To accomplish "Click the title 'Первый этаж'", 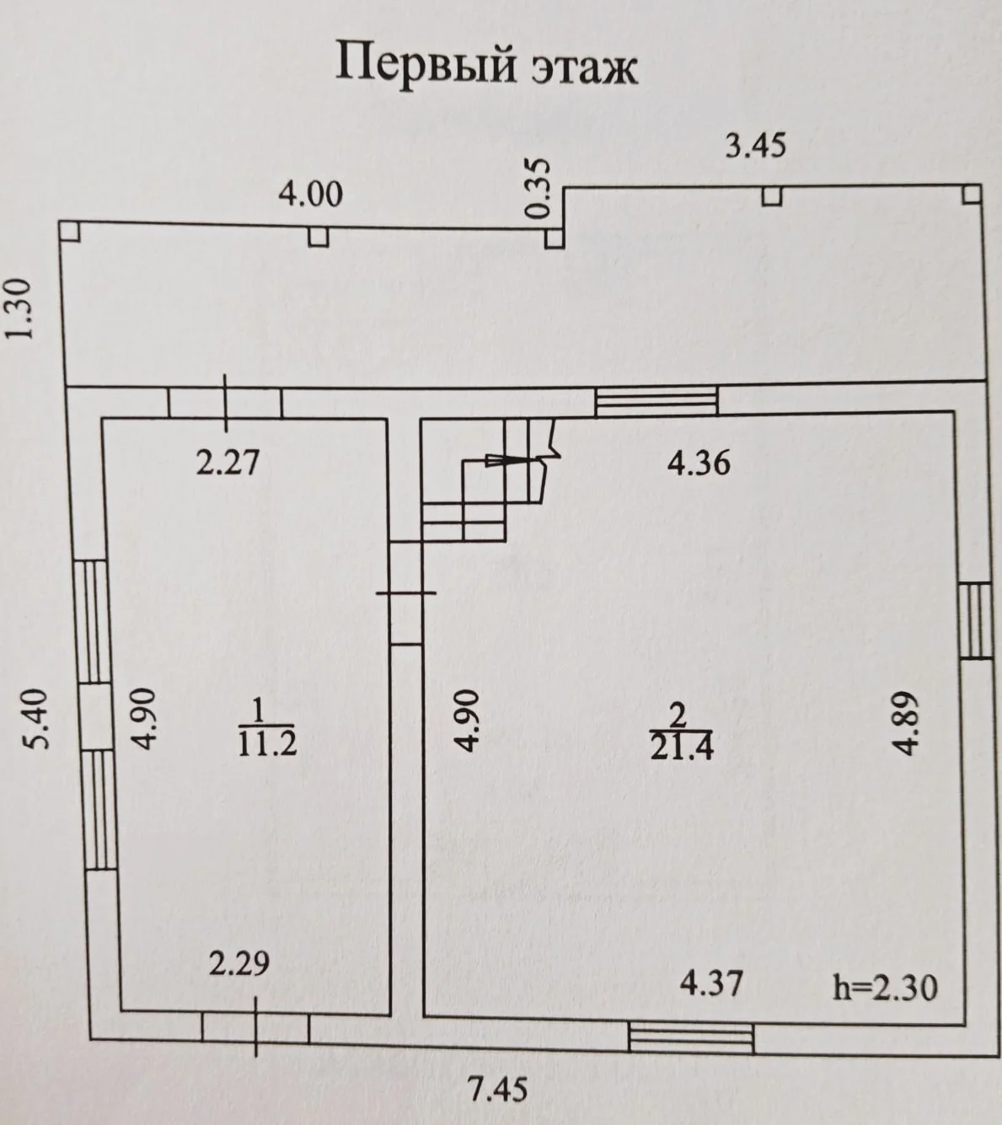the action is click(x=486, y=67).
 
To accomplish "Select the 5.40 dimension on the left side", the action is click(x=40, y=719).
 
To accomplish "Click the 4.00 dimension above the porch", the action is click(x=310, y=195).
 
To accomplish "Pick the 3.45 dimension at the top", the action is click(x=756, y=147).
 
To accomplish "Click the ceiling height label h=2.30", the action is click(x=885, y=988).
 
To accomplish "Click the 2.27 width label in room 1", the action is click(x=228, y=463).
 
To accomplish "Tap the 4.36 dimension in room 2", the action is click(x=698, y=463).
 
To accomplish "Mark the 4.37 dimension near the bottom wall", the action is click(x=711, y=983).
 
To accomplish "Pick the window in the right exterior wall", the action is click(x=976, y=620).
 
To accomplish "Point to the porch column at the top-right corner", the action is click(x=972, y=195).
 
